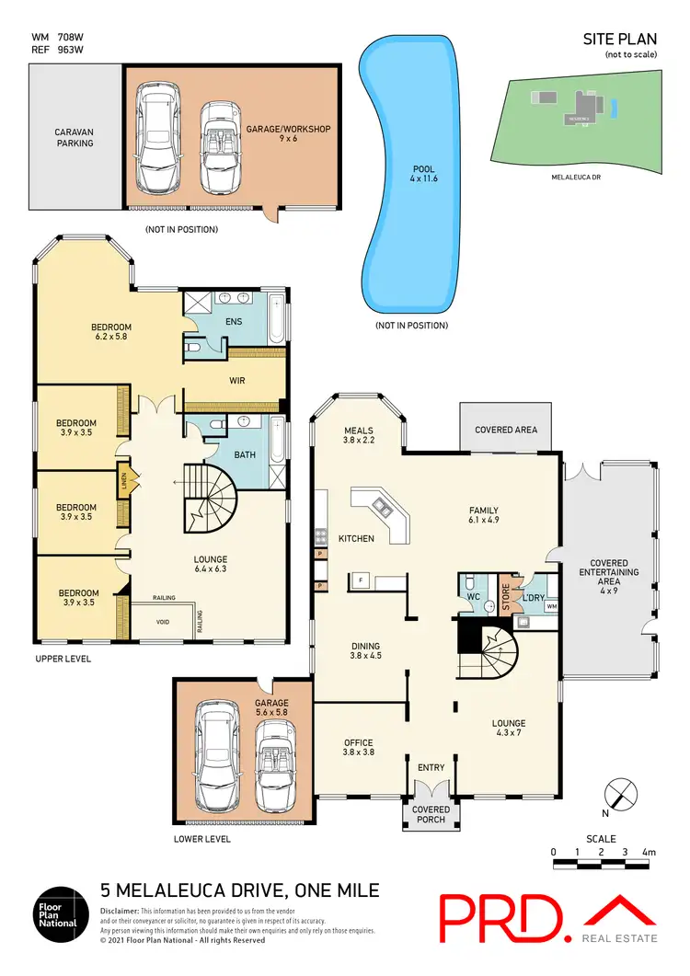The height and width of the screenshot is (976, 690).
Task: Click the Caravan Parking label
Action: (x=74, y=137)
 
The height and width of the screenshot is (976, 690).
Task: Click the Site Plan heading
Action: (x=620, y=39)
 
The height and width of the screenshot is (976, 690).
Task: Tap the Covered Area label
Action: (x=506, y=430)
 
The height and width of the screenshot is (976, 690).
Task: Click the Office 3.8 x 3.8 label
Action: (x=358, y=748)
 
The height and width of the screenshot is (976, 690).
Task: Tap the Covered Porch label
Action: (x=431, y=815)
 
